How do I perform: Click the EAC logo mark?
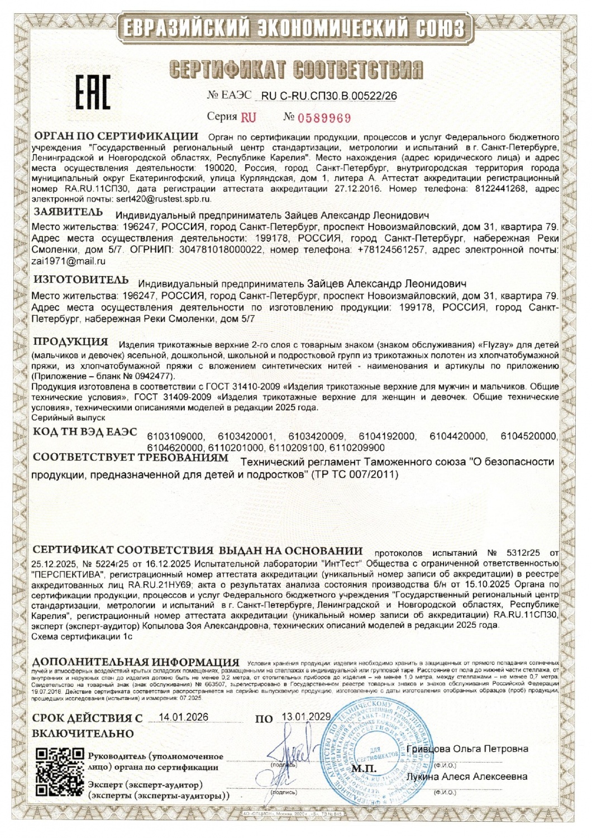click(x=93, y=92)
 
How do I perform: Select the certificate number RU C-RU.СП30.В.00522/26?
click(x=329, y=96)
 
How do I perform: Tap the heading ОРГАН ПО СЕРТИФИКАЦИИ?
click(x=116, y=136)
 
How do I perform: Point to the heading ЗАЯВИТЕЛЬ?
click(x=68, y=212)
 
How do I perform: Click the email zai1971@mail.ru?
click(x=68, y=261)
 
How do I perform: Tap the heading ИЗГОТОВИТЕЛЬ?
click(x=81, y=280)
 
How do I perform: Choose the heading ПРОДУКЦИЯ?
click(x=70, y=342)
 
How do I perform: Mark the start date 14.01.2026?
click(x=184, y=717)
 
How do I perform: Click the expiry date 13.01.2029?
click(x=306, y=717)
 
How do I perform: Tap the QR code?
click(x=60, y=773)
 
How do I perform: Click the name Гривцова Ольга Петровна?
click(x=467, y=749)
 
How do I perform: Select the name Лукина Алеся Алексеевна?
click(x=467, y=777)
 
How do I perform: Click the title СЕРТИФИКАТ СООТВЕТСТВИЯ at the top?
click(x=296, y=70)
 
